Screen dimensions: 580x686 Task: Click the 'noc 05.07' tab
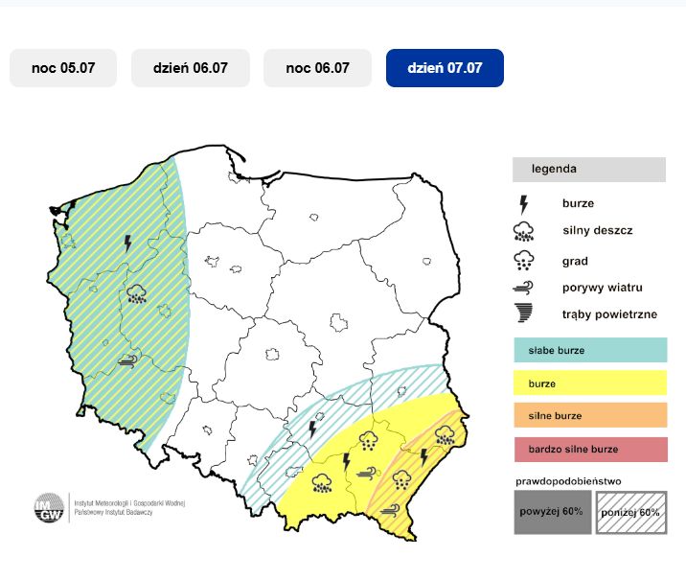[x=63, y=68]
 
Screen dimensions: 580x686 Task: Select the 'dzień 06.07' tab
[x=191, y=68]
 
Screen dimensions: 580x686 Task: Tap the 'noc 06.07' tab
[x=318, y=68]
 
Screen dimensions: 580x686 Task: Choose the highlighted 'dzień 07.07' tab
[x=445, y=68]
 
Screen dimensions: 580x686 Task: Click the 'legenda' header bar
[x=588, y=170]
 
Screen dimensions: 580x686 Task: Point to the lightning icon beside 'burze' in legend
[x=523, y=204]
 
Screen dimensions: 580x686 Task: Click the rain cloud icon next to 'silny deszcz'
[x=523, y=231]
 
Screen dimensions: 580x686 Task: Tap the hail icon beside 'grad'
[x=523, y=261]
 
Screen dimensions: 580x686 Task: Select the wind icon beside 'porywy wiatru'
[x=523, y=288]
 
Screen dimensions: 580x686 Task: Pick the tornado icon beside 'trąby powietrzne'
[x=523, y=313]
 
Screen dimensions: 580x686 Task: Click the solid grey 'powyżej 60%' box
[x=552, y=512]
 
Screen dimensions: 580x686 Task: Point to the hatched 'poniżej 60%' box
[x=631, y=512]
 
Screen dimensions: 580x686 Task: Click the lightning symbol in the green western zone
[x=128, y=244]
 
